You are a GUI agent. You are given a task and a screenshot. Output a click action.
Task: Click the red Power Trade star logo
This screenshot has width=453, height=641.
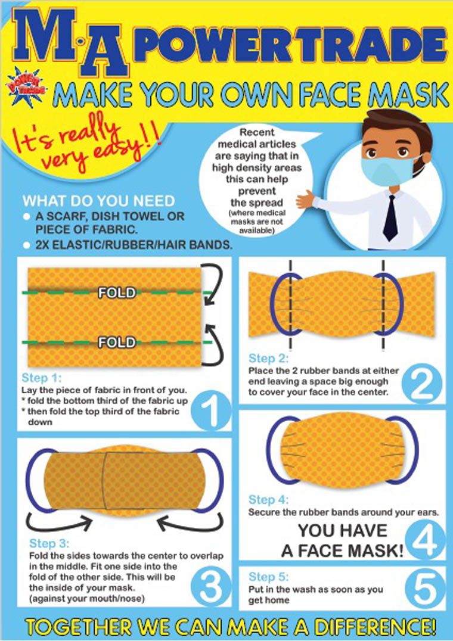click(27, 86)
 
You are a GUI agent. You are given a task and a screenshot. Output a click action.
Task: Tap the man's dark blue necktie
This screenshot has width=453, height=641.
click(390, 218)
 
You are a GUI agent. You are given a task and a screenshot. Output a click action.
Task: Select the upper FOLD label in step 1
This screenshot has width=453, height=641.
click(117, 293)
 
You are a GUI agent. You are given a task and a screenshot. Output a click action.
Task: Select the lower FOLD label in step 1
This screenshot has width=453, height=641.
click(117, 342)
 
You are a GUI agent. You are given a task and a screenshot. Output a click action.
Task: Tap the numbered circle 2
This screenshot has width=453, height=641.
click(422, 384)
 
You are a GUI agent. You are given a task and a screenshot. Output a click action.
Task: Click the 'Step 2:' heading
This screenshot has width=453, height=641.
click(268, 359)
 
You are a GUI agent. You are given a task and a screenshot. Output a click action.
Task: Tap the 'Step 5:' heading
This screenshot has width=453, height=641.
click(269, 577)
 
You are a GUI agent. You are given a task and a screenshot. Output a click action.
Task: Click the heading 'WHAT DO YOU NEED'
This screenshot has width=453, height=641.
click(98, 201)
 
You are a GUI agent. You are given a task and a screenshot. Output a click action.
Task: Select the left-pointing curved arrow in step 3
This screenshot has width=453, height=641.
click(191, 522)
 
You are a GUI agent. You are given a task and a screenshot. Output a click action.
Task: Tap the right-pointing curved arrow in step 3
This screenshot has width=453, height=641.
click(59, 522)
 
